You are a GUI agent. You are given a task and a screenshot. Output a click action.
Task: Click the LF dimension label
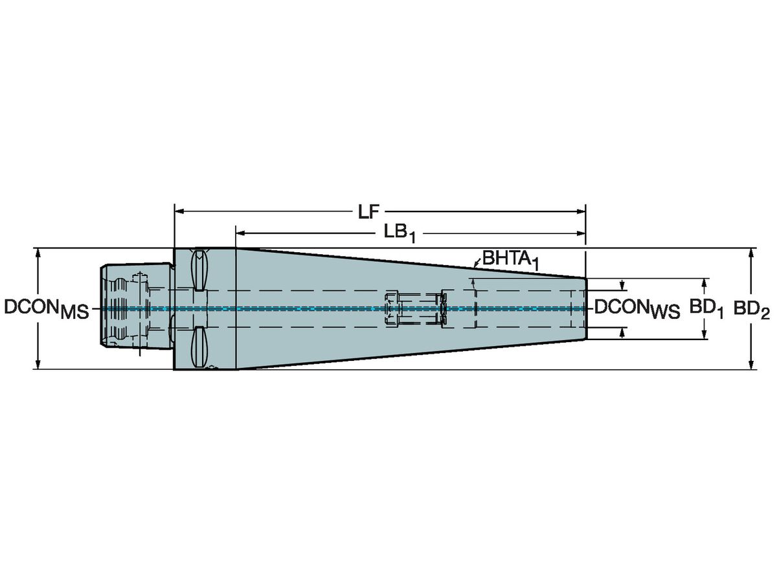(x=368, y=212)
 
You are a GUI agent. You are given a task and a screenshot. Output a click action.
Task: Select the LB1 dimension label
(x=400, y=234)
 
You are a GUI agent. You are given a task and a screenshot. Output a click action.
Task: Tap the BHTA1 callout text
(x=511, y=260)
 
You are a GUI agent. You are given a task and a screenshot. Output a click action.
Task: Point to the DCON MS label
(x=47, y=309)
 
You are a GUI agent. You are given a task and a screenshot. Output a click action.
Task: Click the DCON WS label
(x=637, y=309)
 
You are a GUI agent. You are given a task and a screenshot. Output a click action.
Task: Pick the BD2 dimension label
(x=751, y=310)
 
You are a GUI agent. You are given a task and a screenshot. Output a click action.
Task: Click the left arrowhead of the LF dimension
(x=179, y=211)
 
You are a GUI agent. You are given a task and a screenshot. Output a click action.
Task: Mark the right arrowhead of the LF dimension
(x=581, y=211)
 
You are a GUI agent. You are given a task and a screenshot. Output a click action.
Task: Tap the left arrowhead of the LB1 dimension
(x=241, y=233)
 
